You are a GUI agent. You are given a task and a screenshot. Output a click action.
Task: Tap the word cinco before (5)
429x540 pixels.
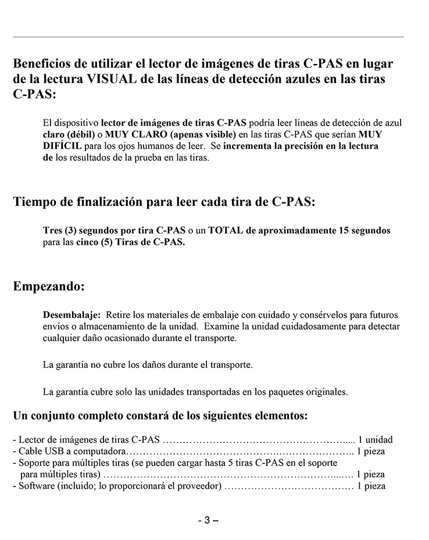87,242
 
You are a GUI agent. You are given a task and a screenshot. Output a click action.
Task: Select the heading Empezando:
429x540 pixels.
49,287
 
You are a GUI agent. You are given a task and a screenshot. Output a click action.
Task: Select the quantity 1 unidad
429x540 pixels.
375,439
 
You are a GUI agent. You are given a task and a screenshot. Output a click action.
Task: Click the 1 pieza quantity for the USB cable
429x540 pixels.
371,451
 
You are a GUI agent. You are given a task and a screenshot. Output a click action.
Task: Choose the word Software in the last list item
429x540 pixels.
36,486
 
